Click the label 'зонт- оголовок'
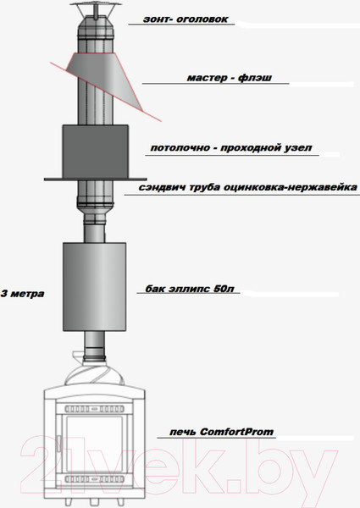click(186, 19)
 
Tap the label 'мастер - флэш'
click(230, 78)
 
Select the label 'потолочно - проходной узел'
click(231, 148)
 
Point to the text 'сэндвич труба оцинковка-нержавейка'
click(248, 187)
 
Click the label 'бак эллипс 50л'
click(190, 289)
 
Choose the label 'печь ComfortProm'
click(222, 432)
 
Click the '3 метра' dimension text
click(22, 294)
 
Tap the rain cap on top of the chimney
click(96, 9)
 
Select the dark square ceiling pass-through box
click(96, 152)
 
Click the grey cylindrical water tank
click(95, 287)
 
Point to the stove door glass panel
click(94, 444)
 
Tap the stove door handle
click(58, 444)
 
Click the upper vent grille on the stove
click(94, 409)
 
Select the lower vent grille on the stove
click(94, 479)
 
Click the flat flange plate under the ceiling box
click(96, 179)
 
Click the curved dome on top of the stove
click(95, 373)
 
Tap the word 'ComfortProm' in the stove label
click(237, 432)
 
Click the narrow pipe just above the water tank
click(95, 233)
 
